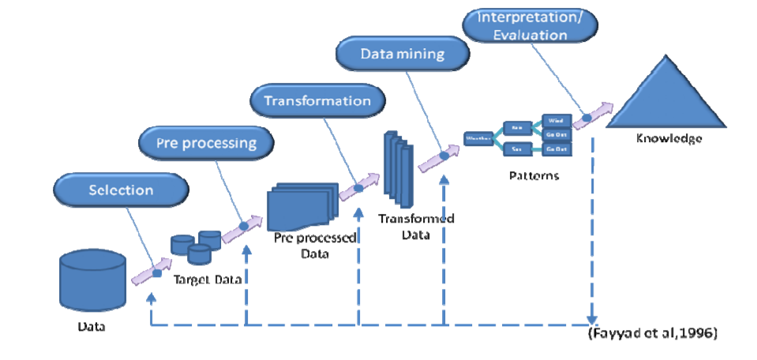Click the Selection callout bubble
click(121, 190)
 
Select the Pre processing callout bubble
click(206, 144)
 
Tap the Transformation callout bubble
click(317, 101)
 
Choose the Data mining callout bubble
click(403, 54)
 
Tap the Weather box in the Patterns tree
click(478, 137)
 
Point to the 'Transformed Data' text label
click(416, 226)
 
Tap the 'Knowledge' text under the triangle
click(669, 139)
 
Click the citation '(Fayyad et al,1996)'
click(652, 333)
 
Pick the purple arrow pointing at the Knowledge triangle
click(594, 114)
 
